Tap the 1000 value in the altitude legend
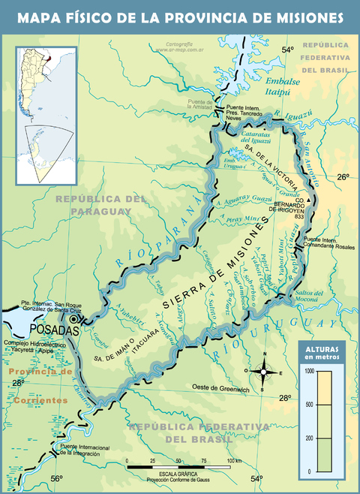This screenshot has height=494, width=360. point(307,370)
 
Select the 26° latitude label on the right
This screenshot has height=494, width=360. point(342,177)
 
